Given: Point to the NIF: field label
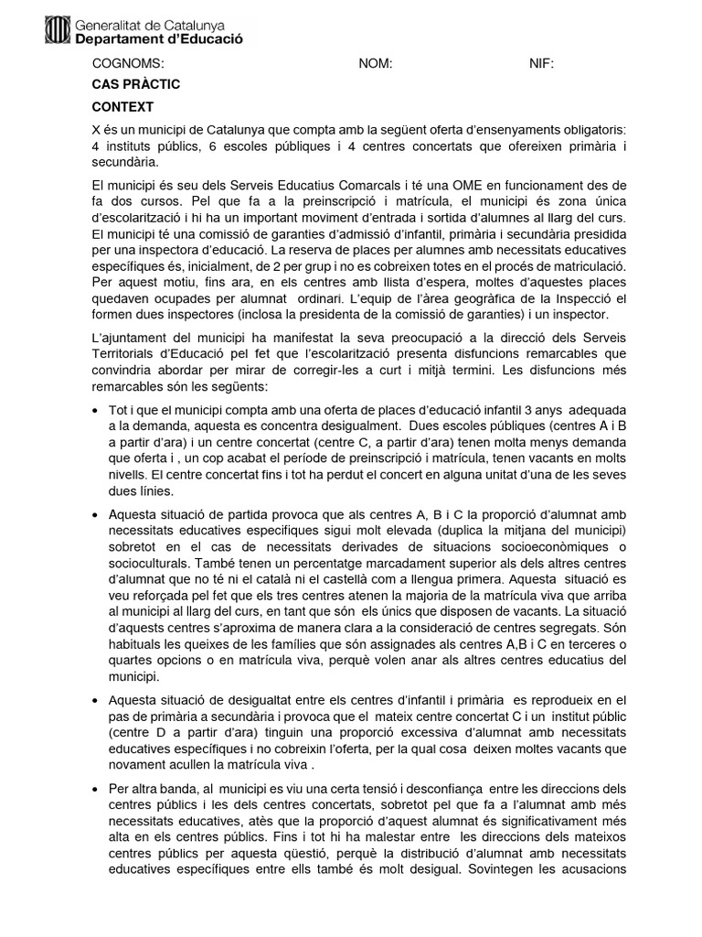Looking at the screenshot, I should tap(541, 64).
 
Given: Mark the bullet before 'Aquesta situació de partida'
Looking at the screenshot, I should tap(97, 516).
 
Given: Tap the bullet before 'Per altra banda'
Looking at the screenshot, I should tap(97, 789).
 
